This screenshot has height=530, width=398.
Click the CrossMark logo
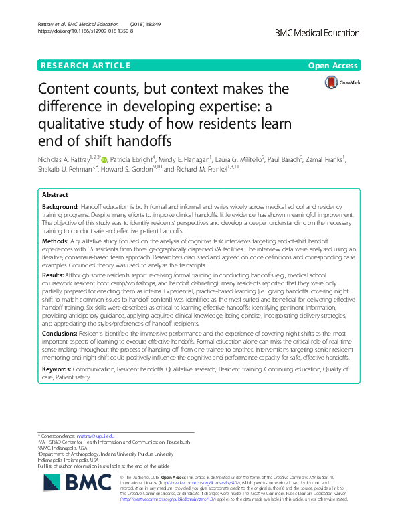tap(342, 82)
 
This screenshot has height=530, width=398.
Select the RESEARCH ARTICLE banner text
tap(86, 66)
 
